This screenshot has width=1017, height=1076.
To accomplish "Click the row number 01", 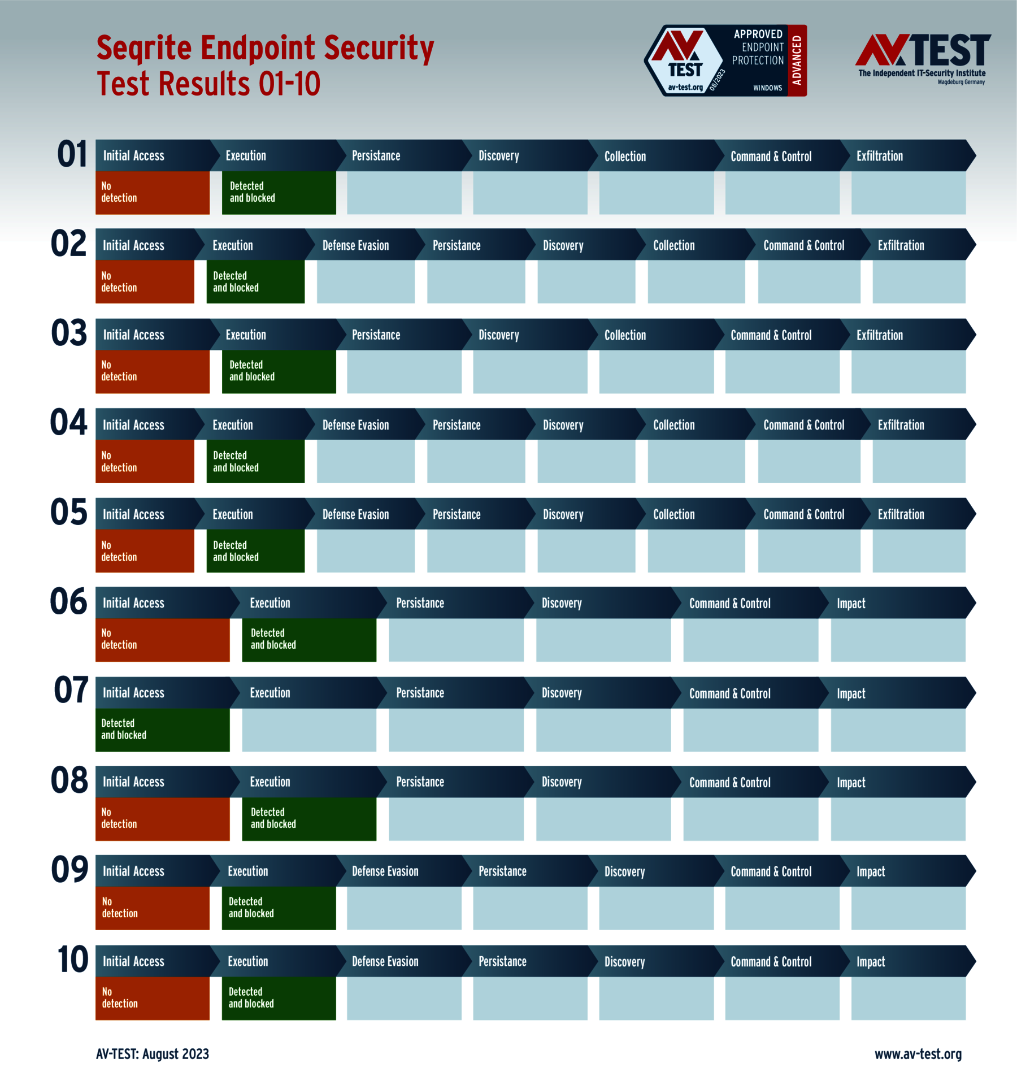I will tap(72, 154).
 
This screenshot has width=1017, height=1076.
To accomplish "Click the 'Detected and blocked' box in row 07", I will tap(162, 730).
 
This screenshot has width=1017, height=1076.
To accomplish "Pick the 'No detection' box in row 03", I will tap(152, 371).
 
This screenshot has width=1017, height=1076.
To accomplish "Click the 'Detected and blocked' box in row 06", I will tap(308, 640).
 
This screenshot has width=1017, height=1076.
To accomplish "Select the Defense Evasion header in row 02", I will tap(355, 245).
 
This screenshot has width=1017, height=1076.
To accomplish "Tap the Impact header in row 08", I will tap(851, 782).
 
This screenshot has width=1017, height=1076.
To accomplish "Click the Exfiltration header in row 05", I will tap(901, 514).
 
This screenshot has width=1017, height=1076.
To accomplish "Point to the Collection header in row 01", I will tap(625, 156).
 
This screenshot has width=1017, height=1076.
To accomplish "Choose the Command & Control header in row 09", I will tap(771, 871).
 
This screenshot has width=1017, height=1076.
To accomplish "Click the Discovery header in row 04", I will tap(563, 425).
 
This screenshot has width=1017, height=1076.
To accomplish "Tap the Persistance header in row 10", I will tap(502, 961).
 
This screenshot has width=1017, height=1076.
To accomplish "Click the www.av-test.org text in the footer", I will tap(918, 1054).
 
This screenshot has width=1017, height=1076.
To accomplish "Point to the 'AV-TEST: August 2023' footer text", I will tap(153, 1054).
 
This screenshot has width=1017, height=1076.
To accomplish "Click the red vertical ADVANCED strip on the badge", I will tap(797, 60).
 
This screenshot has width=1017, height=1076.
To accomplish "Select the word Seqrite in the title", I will tap(144, 47).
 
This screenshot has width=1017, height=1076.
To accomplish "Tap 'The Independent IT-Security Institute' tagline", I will tap(922, 73).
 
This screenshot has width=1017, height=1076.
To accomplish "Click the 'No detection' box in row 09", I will tap(152, 908).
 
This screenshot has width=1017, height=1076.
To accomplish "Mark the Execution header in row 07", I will tap(270, 693).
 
